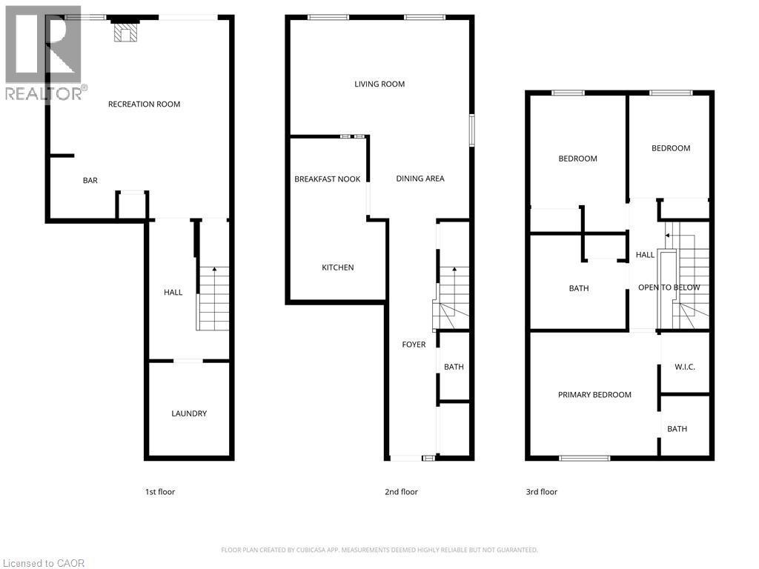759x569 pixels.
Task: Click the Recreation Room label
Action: click(144, 104)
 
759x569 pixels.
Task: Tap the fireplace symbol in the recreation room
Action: click(125, 33)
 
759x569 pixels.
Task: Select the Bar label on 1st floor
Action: click(90, 181)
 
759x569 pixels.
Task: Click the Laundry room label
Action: click(189, 413)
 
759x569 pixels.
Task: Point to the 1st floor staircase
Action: click(213, 298)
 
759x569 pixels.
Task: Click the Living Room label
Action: click(379, 84)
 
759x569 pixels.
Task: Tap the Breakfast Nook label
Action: click(328, 179)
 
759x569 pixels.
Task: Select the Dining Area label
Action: click(420, 179)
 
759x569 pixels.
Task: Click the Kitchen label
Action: click(337, 267)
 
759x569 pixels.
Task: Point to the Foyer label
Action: click(414, 345)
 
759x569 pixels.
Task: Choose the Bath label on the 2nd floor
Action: click(454, 367)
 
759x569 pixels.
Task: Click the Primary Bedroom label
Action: click(594, 395)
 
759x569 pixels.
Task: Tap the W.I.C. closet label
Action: click(684, 367)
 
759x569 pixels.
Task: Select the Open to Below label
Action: click(669, 287)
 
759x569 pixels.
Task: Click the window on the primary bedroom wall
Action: click(585, 459)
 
